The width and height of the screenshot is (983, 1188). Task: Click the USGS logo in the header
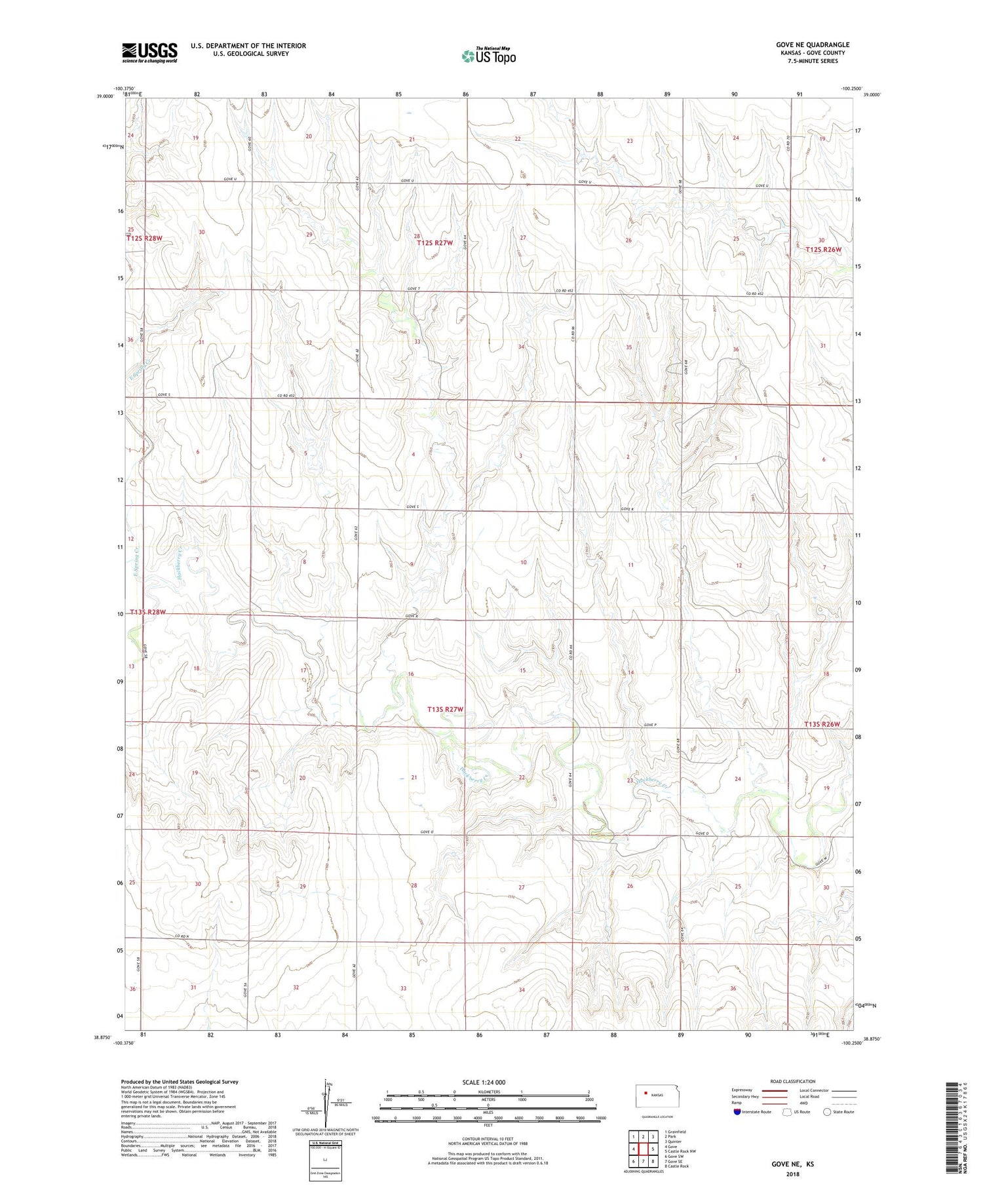coord(149,52)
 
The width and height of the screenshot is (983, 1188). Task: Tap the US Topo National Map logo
coord(488,56)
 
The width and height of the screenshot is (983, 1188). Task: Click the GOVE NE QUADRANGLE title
coord(812,45)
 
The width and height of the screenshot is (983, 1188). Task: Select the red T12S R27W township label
coord(434,243)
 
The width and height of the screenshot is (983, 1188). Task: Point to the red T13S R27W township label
coord(445,710)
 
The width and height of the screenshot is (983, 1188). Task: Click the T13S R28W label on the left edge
coord(147,612)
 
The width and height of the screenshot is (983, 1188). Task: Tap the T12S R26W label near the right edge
coord(823,250)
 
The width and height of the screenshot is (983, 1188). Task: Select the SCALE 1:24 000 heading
coord(484,1082)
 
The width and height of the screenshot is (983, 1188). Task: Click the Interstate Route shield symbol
coord(737,1112)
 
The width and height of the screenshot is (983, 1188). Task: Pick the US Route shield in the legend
coord(787,1112)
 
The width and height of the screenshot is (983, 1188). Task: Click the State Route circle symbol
coord(827,1112)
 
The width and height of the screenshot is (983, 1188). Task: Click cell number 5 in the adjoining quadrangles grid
coord(653,1149)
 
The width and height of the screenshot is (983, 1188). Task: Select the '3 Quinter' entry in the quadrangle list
coord(673,1141)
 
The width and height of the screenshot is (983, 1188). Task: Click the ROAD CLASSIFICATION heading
coord(793,1081)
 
